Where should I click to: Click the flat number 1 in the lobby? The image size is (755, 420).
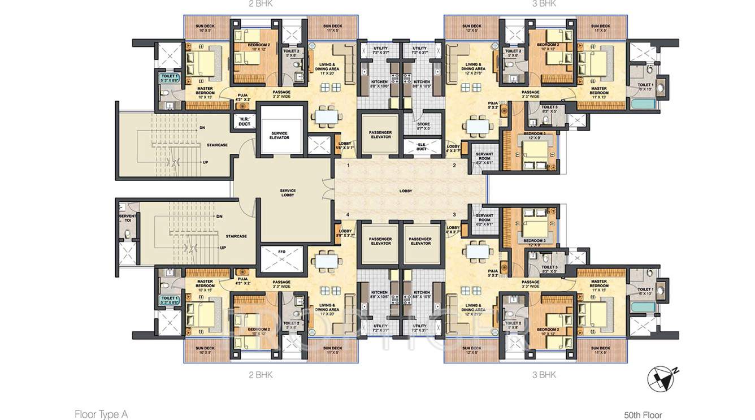[349, 166]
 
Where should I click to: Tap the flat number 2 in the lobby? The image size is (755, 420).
[454, 166]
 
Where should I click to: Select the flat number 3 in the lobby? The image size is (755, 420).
[454, 215]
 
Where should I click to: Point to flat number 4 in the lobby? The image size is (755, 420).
[348, 215]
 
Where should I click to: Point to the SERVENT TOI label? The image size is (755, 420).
[128, 218]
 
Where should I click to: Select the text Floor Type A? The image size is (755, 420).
[101, 414]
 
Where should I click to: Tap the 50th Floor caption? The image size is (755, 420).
[643, 415]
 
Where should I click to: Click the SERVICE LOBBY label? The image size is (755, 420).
[288, 193]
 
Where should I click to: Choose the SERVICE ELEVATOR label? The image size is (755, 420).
[279, 136]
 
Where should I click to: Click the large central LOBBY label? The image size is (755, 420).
[406, 191]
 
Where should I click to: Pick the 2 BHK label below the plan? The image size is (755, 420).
[261, 374]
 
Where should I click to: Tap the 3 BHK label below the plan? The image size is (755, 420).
[544, 374]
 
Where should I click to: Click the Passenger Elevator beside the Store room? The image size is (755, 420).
[380, 135]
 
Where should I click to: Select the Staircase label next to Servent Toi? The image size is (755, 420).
[236, 236]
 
